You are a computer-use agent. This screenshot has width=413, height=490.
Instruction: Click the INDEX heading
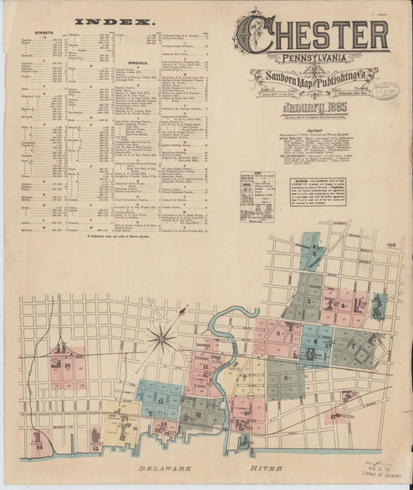coord(115,21)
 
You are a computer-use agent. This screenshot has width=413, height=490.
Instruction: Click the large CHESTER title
coord(312,33)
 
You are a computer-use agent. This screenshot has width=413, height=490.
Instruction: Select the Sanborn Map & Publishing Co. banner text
coord(314,75)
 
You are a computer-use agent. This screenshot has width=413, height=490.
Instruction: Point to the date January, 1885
coord(314,109)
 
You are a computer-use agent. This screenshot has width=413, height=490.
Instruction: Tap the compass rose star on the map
coord(163,337)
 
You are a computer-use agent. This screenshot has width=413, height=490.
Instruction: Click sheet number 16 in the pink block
coord(68,364)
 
